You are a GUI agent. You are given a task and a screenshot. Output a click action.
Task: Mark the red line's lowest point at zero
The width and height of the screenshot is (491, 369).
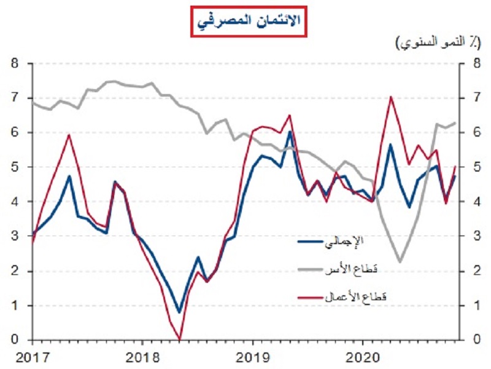[179, 339]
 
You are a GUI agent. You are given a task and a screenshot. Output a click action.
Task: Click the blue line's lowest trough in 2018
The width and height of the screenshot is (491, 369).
[179, 312]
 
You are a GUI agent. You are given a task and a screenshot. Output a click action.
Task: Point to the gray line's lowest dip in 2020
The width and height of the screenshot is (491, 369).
[400, 262]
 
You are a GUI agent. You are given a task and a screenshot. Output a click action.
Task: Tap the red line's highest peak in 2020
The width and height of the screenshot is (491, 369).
[390, 97]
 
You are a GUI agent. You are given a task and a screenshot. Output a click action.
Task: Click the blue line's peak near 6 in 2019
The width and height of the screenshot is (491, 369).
[290, 132]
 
